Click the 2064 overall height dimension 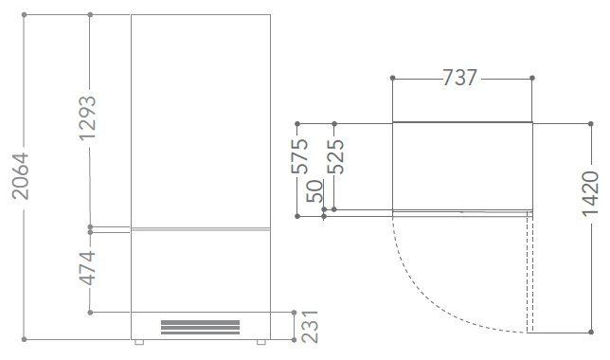pyautogui.click(x=20, y=176)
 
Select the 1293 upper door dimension pyautogui.click(x=87, y=117)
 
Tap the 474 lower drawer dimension pyautogui.click(x=87, y=268)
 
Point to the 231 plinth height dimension pyautogui.click(x=310, y=327)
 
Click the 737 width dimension pyautogui.click(x=459, y=78)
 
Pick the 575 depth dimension pyautogui.click(x=300, y=155)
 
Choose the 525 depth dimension pyautogui.click(x=335, y=155)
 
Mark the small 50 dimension pyautogui.click(x=314, y=191)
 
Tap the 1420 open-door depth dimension pyautogui.click(x=590, y=193)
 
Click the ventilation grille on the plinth pyautogui.click(x=201, y=327)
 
